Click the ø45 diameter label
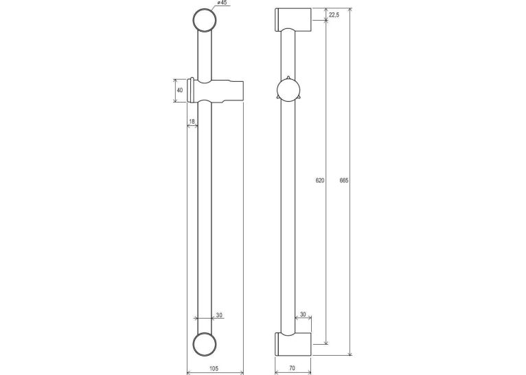222,3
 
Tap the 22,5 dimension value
334,14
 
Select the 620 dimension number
320,180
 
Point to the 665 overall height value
344,180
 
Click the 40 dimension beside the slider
180,90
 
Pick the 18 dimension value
192,121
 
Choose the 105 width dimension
214,368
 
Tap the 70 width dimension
292,368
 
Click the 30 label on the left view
219,315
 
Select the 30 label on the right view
303,314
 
